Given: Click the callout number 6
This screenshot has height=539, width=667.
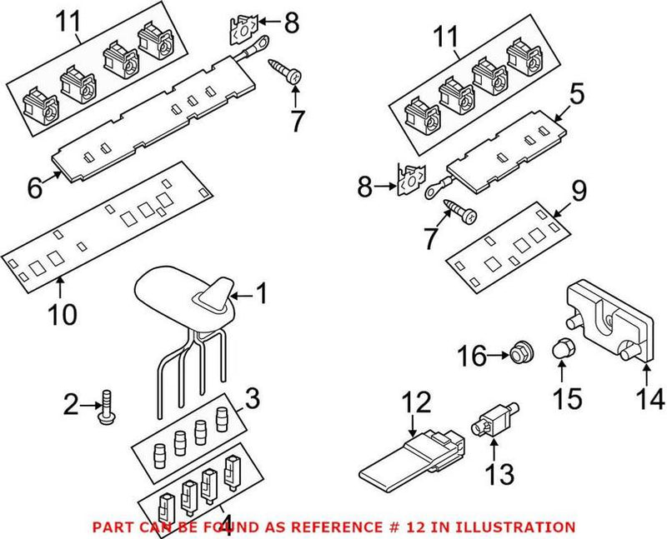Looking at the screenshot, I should coord(33,188).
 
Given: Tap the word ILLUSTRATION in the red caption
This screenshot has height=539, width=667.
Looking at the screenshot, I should coord(519,527).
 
